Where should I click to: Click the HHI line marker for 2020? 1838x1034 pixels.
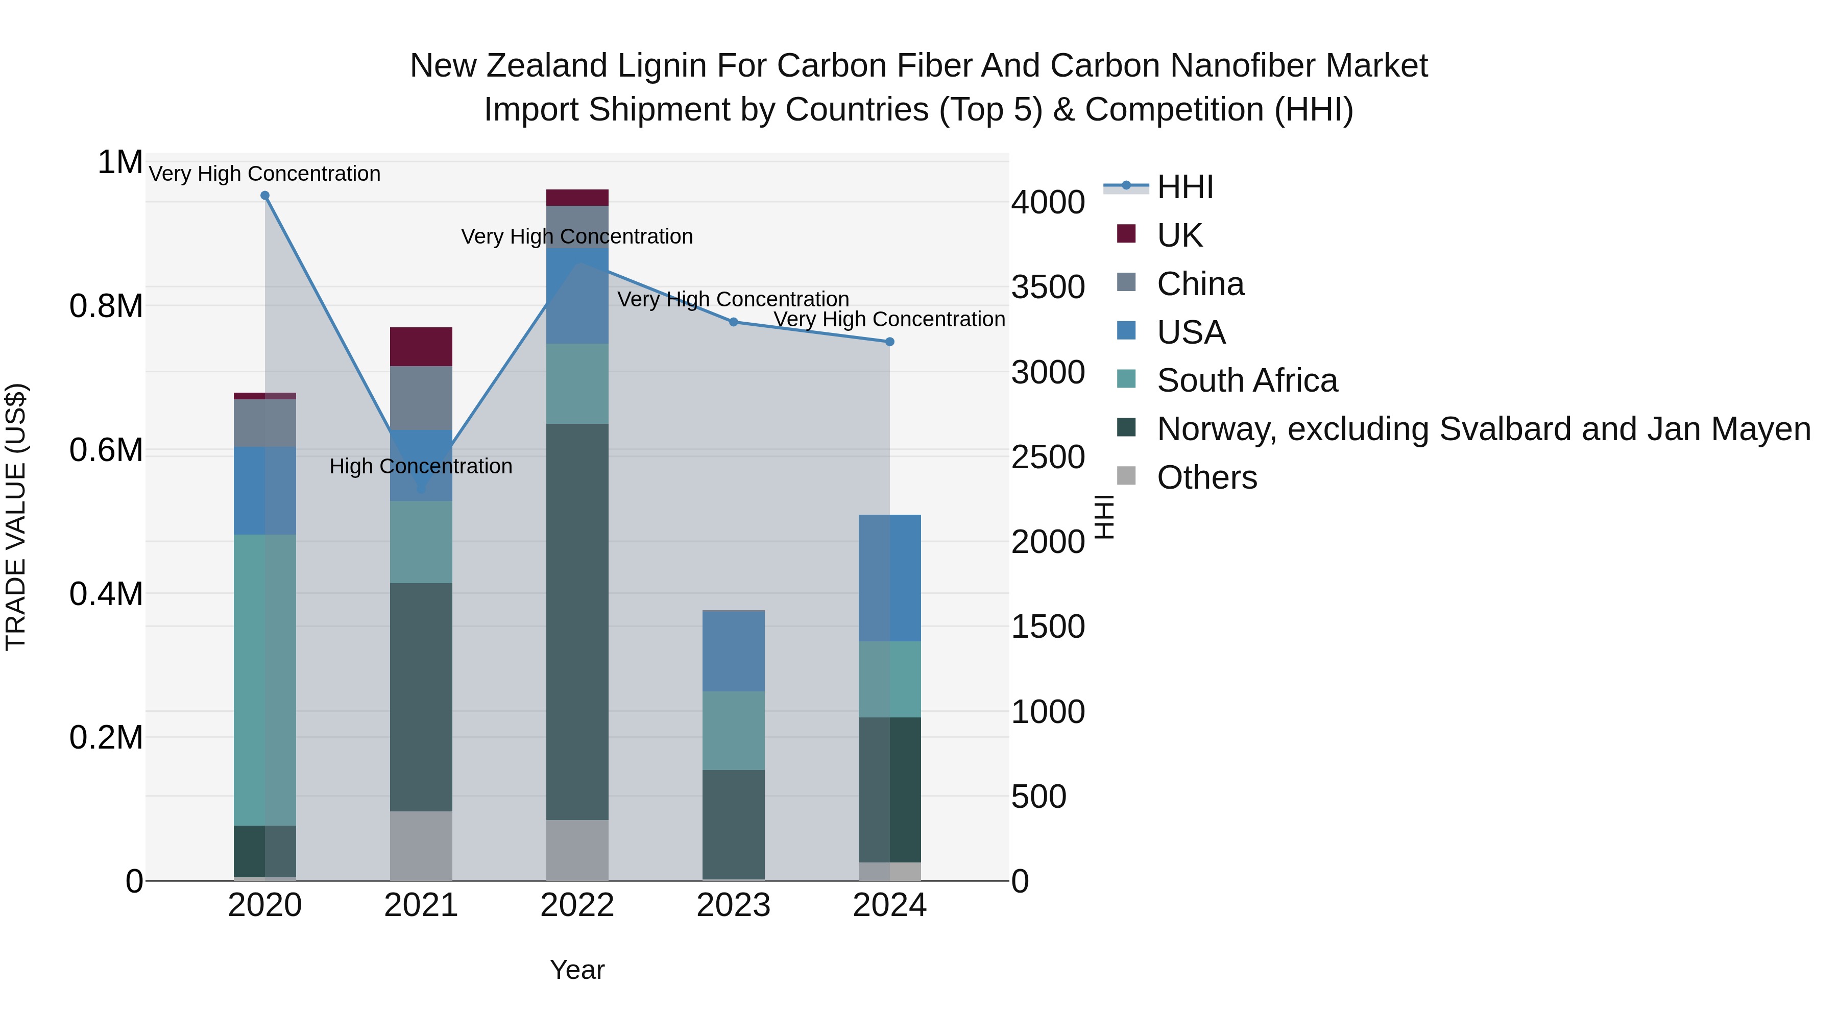pos(264,196)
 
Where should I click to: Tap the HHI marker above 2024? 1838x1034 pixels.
pos(890,342)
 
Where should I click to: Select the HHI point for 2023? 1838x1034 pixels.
pos(734,322)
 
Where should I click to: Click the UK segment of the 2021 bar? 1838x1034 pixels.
pos(421,347)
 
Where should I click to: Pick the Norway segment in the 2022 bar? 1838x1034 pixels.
pos(577,621)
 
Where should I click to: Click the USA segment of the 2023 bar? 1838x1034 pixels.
pos(734,651)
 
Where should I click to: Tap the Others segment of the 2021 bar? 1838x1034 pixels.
pos(421,846)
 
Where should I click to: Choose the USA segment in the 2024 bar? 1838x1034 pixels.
pos(890,578)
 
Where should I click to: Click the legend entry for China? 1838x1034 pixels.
pos(1200,284)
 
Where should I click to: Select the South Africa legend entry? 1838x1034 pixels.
pos(1246,380)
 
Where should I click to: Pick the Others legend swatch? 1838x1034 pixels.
pos(1126,476)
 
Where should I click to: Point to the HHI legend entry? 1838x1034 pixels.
pos(1184,187)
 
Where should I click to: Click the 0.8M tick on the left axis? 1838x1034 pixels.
pos(106,306)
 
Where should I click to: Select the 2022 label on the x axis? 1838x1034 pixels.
pos(577,905)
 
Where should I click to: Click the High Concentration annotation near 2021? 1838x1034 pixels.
pos(421,466)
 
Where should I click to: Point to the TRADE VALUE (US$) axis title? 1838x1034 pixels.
pos(16,517)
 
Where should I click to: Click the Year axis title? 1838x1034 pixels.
pos(577,970)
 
